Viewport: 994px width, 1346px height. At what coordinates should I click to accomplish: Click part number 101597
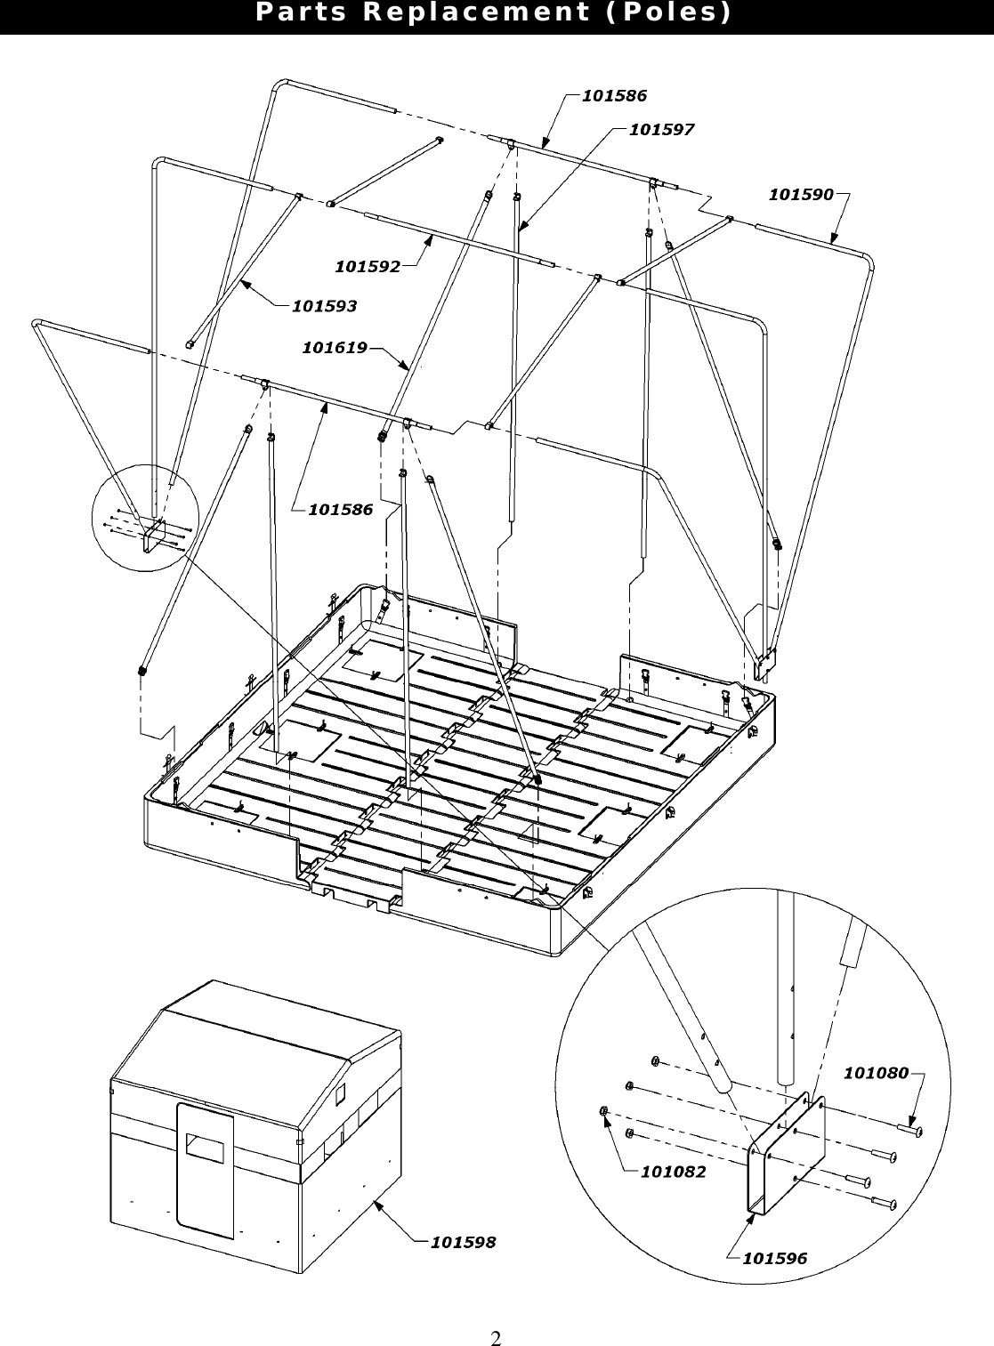[661, 130]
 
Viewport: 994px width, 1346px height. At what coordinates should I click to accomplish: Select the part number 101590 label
[801, 194]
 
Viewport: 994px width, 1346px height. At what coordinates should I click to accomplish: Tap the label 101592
[367, 265]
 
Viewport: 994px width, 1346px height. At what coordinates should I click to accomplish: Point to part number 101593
[325, 306]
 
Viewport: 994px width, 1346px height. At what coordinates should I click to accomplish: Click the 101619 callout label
[335, 348]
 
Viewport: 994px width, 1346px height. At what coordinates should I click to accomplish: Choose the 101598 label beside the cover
[463, 1242]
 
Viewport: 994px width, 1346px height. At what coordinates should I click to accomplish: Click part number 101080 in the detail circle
[876, 1073]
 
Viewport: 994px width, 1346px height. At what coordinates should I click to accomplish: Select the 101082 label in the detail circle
[673, 1172]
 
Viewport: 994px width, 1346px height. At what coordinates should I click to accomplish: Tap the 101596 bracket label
[774, 1258]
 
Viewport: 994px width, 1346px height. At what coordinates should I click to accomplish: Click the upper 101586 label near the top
[614, 95]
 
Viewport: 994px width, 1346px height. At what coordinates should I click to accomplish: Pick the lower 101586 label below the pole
[341, 510]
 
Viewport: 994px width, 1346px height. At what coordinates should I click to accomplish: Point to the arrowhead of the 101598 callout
[376, 1204]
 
